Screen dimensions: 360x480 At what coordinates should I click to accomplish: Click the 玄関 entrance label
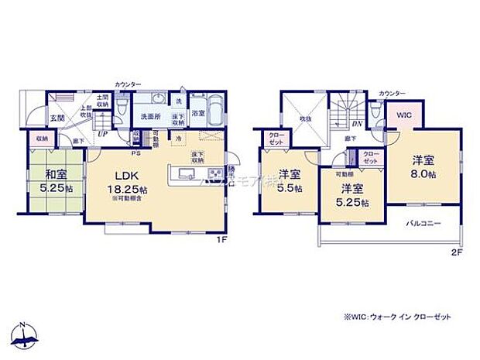tap(57, 119)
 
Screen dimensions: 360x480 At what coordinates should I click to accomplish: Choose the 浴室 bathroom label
tap(198, 112)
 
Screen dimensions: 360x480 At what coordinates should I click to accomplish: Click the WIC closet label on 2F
tap(404, 115)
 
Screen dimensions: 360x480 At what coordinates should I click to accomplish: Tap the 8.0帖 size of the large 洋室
tap(423, 175)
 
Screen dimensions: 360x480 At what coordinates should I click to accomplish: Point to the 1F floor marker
tap(221, 239)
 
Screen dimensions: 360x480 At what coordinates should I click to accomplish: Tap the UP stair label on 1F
tap(101, 133)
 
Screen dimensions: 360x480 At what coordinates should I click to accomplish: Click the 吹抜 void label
tap(305, 118)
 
